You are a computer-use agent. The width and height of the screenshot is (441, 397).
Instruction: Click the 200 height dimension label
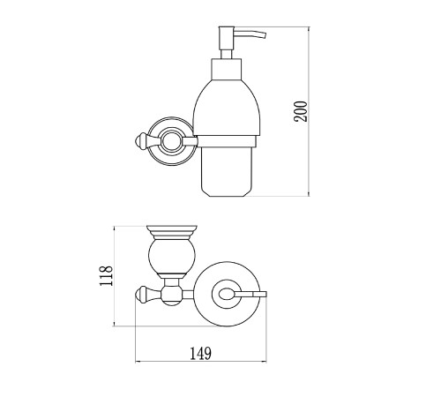(x=301, y=111)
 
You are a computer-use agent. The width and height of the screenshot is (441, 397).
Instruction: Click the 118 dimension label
(x=106, y=276)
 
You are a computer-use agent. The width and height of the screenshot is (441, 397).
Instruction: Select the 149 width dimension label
(x=200, y=353)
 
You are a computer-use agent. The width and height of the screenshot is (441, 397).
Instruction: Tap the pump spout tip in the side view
(x=265, y=35)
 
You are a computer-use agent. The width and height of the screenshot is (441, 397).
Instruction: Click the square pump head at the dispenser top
(x=227, y=38)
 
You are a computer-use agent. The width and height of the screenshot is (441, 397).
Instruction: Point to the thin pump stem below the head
(x=227, y=54)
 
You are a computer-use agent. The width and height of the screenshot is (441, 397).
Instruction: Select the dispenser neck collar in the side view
(x=227, y=69)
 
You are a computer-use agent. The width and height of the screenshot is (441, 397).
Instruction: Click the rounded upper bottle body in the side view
(x=227, y=108)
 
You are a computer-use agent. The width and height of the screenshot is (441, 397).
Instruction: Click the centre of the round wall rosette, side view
(x=171, y=141)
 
